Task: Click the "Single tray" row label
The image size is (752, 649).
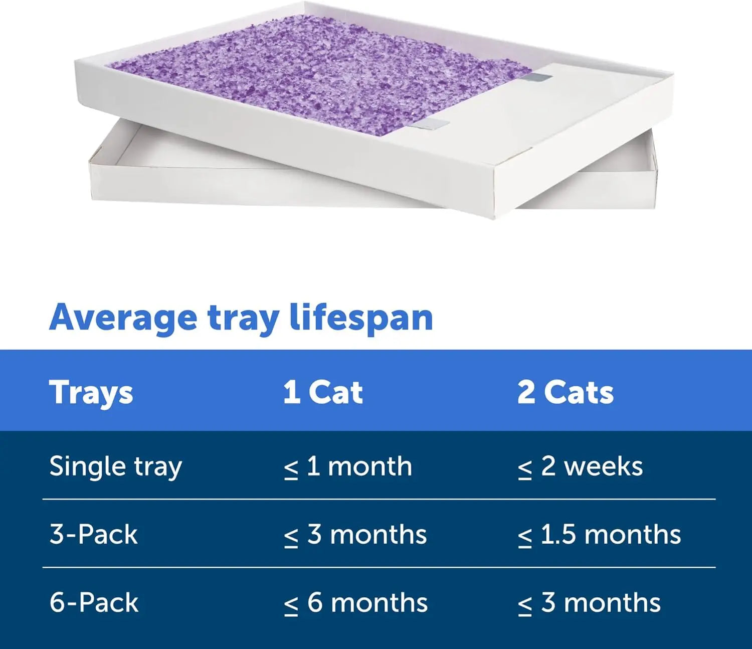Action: coord(115,466)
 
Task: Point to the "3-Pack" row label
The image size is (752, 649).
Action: coord(93,534)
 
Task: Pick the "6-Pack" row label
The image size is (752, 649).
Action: coord(94,602)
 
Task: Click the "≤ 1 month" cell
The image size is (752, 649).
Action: coord(348,466)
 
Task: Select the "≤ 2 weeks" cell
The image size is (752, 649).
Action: coord(580,466)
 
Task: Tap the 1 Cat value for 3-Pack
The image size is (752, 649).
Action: coord(355,534)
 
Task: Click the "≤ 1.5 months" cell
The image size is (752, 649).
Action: coord(599,534)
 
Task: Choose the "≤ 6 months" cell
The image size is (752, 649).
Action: coord(355,602)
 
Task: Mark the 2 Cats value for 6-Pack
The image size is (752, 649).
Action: coord(589,602)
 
